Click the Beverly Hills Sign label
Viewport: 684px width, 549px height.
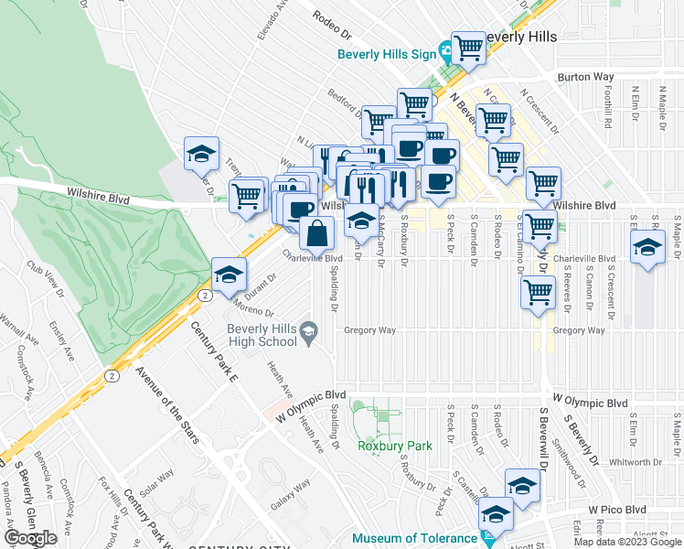pyautogui.click(x=387, y=53)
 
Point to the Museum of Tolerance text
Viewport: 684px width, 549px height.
pyautogui.click(x=414, y=538)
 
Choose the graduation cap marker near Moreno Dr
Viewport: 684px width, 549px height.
pyautogui.click(x=229, y=274)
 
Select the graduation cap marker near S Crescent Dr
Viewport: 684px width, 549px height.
pyautogui.click(x=648, y=247)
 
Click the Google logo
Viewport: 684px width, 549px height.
pyautogui.click(x=29, y=538)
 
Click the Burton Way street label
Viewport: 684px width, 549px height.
pyautogui.click(x=577, y=78)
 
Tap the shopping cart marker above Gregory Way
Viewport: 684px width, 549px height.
pyautogui.click(x=539, y=293)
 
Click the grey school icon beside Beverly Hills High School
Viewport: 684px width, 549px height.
pyautogui.click(x=309, y=330)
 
